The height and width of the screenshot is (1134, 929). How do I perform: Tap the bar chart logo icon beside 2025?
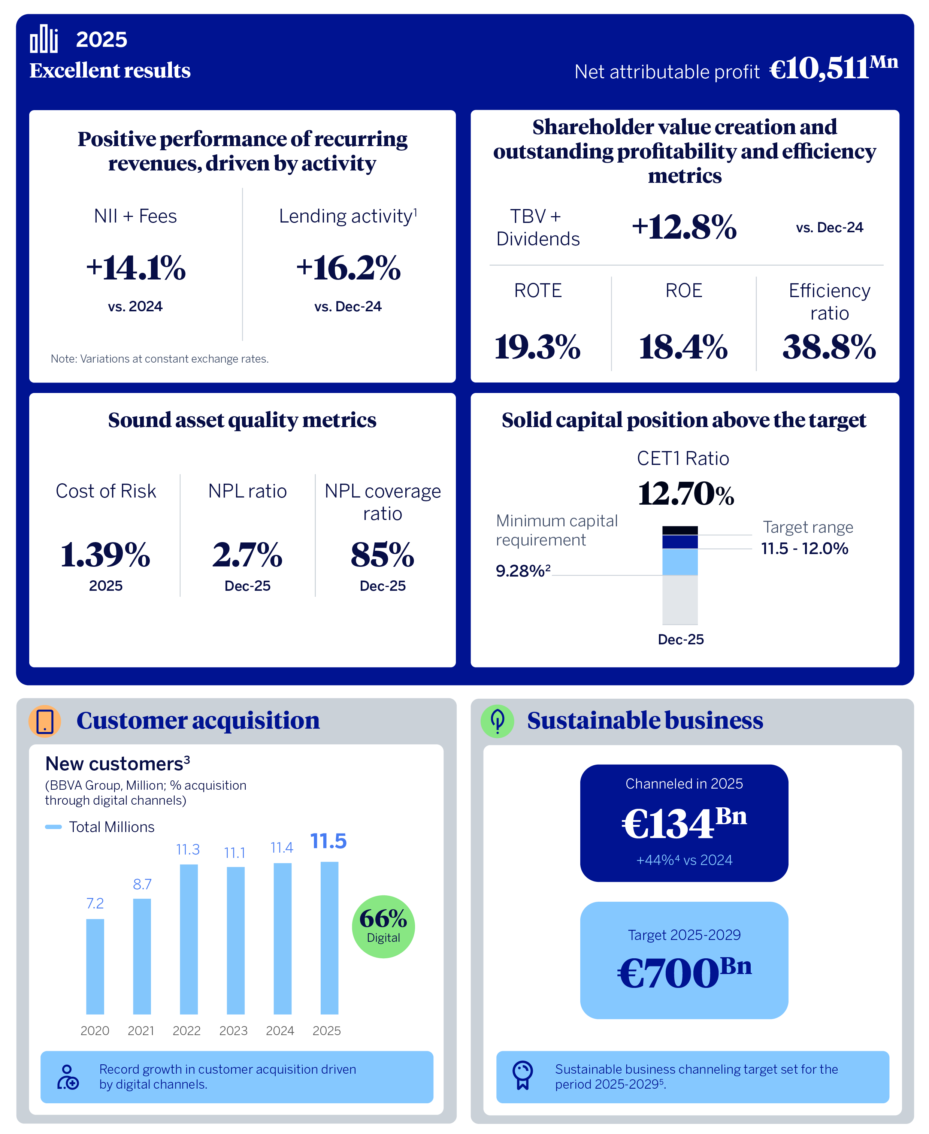[x=44, y=39]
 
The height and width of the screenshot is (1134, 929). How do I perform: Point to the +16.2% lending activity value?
[x=348, y=267]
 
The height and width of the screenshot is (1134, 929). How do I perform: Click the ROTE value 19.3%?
[x=537, y=346]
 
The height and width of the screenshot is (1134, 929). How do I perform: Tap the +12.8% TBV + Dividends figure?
[x=684, y=227]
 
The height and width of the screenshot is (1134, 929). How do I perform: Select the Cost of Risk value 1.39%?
[x=105, y=554]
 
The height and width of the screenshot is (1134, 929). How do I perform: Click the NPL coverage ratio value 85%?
[x=382, y=554]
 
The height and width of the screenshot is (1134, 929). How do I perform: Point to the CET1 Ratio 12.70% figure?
[x=685, y=493]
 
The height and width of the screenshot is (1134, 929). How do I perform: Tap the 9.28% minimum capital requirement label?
[x=522, y=571]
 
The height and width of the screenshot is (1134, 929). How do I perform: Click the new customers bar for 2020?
[x=95, y=966]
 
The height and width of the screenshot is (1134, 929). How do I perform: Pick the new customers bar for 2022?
[x=188, y=939]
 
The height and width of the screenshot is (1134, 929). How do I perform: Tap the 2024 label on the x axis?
[x=279, y=1030]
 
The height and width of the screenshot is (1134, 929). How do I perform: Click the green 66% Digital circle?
[x=383, y=926]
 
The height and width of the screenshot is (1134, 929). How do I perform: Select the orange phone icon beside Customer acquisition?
[x=45, y=721]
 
